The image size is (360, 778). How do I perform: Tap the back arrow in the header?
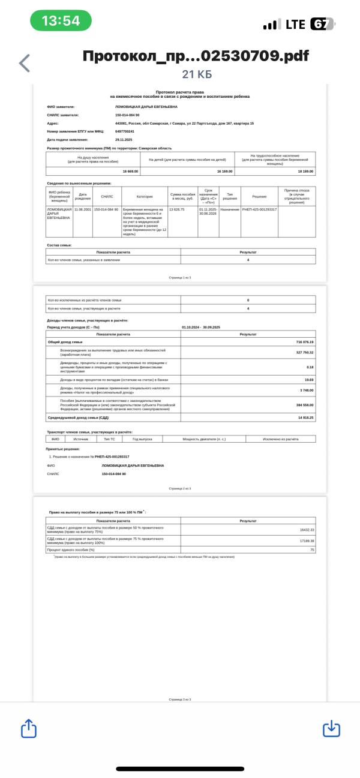click(25, 63)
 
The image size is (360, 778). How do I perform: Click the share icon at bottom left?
click(29, 728)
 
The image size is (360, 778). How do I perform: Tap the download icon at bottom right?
click(331, 728)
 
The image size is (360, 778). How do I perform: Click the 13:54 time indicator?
click(61, 21)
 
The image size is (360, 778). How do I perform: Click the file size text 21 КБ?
click(197, 74)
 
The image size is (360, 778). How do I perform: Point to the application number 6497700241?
click(125, 131)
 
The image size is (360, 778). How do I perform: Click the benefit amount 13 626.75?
click(177, 209)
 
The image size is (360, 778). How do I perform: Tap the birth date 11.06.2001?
click(83, 209)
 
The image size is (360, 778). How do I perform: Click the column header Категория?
click(145, 196)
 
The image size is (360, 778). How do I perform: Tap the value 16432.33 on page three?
click(307, 530)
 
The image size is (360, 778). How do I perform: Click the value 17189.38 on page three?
click(307, 541)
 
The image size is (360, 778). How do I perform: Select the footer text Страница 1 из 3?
click(180, 278)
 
